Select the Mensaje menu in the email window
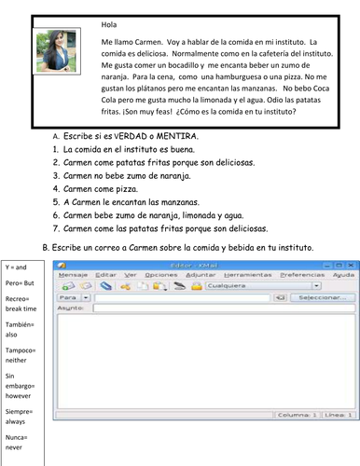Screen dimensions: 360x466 point(74,276)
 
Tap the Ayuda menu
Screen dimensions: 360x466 point(343,276)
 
